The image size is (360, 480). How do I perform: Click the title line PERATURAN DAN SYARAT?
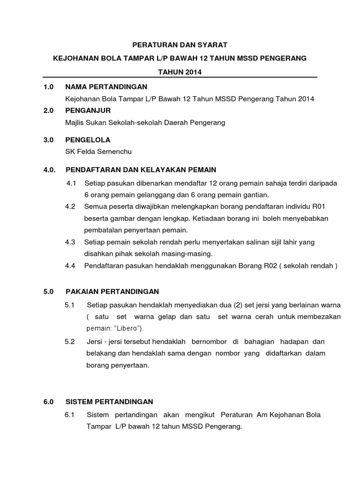(180, 45)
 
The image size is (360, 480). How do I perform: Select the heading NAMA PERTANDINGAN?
(106, 87)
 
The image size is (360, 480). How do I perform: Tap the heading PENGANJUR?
(88, 111)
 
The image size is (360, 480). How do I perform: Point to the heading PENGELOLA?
(88, 140)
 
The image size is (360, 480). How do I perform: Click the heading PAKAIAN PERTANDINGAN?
(112, 291)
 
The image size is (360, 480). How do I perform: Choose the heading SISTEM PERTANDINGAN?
(109, 402)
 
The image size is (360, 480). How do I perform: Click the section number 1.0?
(49, 87)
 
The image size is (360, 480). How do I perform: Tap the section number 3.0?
(49, 140)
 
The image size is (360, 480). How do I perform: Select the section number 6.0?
(49, 402)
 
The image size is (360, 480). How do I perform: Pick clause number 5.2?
(70, 341)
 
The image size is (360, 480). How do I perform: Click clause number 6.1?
(70, 415)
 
